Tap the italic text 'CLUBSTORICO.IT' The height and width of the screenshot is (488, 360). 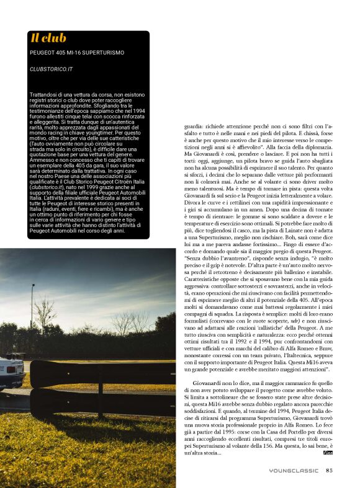(52, 69)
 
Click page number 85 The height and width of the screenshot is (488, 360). (330, 470)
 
